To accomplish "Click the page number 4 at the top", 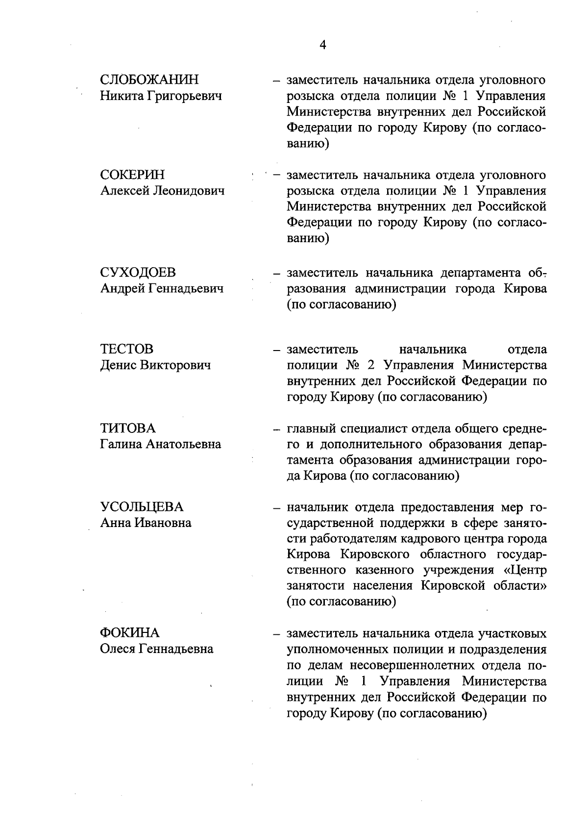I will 322,45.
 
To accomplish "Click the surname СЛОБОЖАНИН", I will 149,80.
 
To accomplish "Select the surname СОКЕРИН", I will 132,175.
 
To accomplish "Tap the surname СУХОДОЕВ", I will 138,273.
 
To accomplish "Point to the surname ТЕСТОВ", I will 126,349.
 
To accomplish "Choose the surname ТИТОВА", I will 127,428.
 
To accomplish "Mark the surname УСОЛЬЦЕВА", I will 142,506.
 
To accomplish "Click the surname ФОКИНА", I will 130,633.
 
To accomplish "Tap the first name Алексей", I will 124,191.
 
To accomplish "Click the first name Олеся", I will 118,649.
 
